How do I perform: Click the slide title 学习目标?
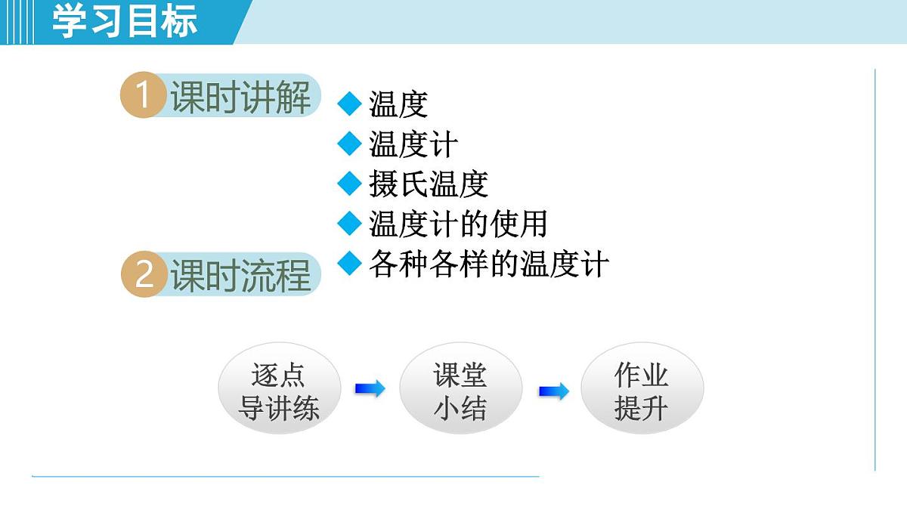tap(125, 21)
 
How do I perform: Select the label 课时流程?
tap(240, 275)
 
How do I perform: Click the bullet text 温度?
tap(398, 104)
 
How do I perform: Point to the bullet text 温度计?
tap(413, 144)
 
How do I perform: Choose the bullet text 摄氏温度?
tap(429, 184)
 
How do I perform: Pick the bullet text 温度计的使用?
tap(458, 224)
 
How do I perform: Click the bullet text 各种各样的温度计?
tap(488, 264)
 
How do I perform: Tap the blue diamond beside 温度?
tap(349, 104)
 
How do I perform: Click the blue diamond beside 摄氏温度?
tap(349, 183)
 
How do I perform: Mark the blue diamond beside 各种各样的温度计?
tap(349, 262)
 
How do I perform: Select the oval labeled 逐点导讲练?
tap(279, 391)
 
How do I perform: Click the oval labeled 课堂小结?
tap(460, 391)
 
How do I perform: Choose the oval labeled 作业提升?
tap(642, 391)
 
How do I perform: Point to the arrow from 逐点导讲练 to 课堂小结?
tap(370, 389)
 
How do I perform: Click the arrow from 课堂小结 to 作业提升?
tap(553, 391)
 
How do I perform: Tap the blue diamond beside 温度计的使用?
tap(349, 222)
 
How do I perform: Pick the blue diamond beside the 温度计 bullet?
tap(349, 143)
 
